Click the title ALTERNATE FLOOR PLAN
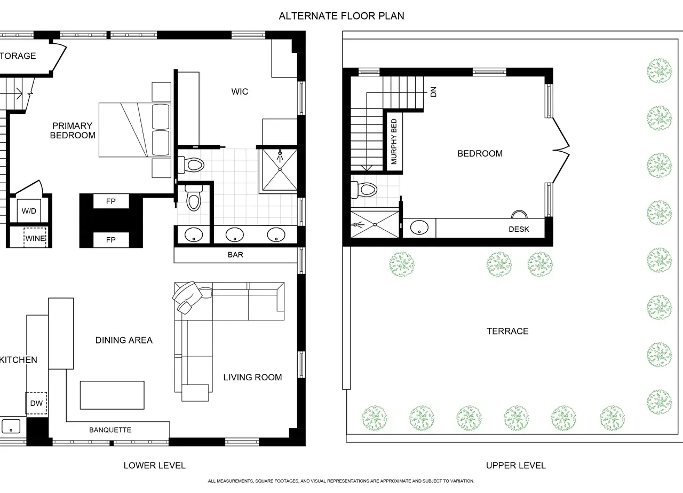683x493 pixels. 341,16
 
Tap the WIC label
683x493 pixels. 240,91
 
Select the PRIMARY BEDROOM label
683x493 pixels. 73,130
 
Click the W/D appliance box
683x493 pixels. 29,210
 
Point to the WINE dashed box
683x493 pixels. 35,238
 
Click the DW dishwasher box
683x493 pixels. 36,403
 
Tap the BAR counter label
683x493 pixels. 235,255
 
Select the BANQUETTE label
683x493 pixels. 110,430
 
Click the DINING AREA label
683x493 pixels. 124,340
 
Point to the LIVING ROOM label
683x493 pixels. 252,377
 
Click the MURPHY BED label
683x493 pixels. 394,142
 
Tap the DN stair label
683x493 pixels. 433,91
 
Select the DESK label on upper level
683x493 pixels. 519,229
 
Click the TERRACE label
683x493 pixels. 507,331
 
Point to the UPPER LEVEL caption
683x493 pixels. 515,466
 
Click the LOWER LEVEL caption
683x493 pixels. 154,466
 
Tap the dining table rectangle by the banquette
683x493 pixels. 112,395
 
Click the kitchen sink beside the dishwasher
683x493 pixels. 11,426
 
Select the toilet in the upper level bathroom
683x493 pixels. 364,190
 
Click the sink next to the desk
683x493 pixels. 419,228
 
